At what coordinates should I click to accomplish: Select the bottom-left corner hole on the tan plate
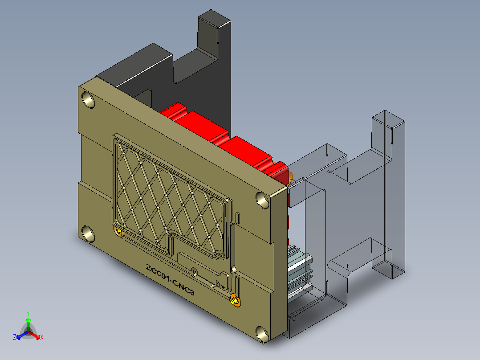tap(88, 233)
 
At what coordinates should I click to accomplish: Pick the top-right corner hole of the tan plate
tap(263, 201)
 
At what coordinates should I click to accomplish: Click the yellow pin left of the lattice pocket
tap(119, 231)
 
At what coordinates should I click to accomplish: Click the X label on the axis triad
tap(42, 337)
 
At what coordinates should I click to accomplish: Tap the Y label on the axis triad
tap(28, 313)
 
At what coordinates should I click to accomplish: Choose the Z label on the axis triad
tap(15, 337)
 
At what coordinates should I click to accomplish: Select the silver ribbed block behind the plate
tap(299, 272)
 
